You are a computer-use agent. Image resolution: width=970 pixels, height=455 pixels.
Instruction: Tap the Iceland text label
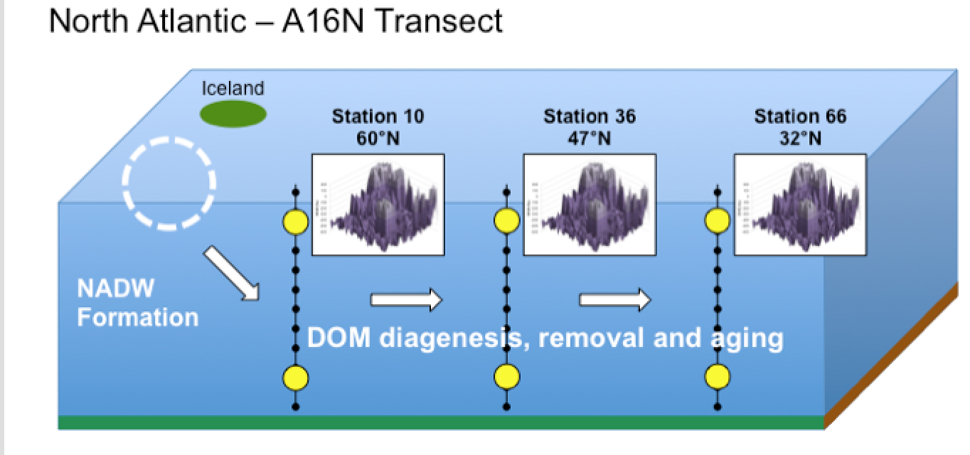233,89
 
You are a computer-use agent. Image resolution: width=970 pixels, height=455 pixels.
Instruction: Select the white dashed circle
169,183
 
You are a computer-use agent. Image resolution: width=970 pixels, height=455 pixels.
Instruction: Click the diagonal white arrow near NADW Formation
232,274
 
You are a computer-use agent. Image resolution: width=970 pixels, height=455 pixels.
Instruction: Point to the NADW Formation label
137,303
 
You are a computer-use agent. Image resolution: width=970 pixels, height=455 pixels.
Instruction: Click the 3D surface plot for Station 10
378,205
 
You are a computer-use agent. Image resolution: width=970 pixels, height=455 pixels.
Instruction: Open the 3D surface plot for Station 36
590,205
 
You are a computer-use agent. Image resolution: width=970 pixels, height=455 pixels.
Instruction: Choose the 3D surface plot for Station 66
800,205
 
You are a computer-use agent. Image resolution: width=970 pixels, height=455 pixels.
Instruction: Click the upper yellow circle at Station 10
296,223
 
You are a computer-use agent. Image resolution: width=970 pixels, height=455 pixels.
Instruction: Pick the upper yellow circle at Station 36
506,222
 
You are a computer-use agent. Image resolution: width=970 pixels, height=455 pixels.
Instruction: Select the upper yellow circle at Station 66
717,222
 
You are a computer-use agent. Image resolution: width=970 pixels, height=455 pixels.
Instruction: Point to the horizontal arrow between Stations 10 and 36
406,300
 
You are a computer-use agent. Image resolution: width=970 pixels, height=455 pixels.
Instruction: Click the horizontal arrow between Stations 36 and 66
615,300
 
